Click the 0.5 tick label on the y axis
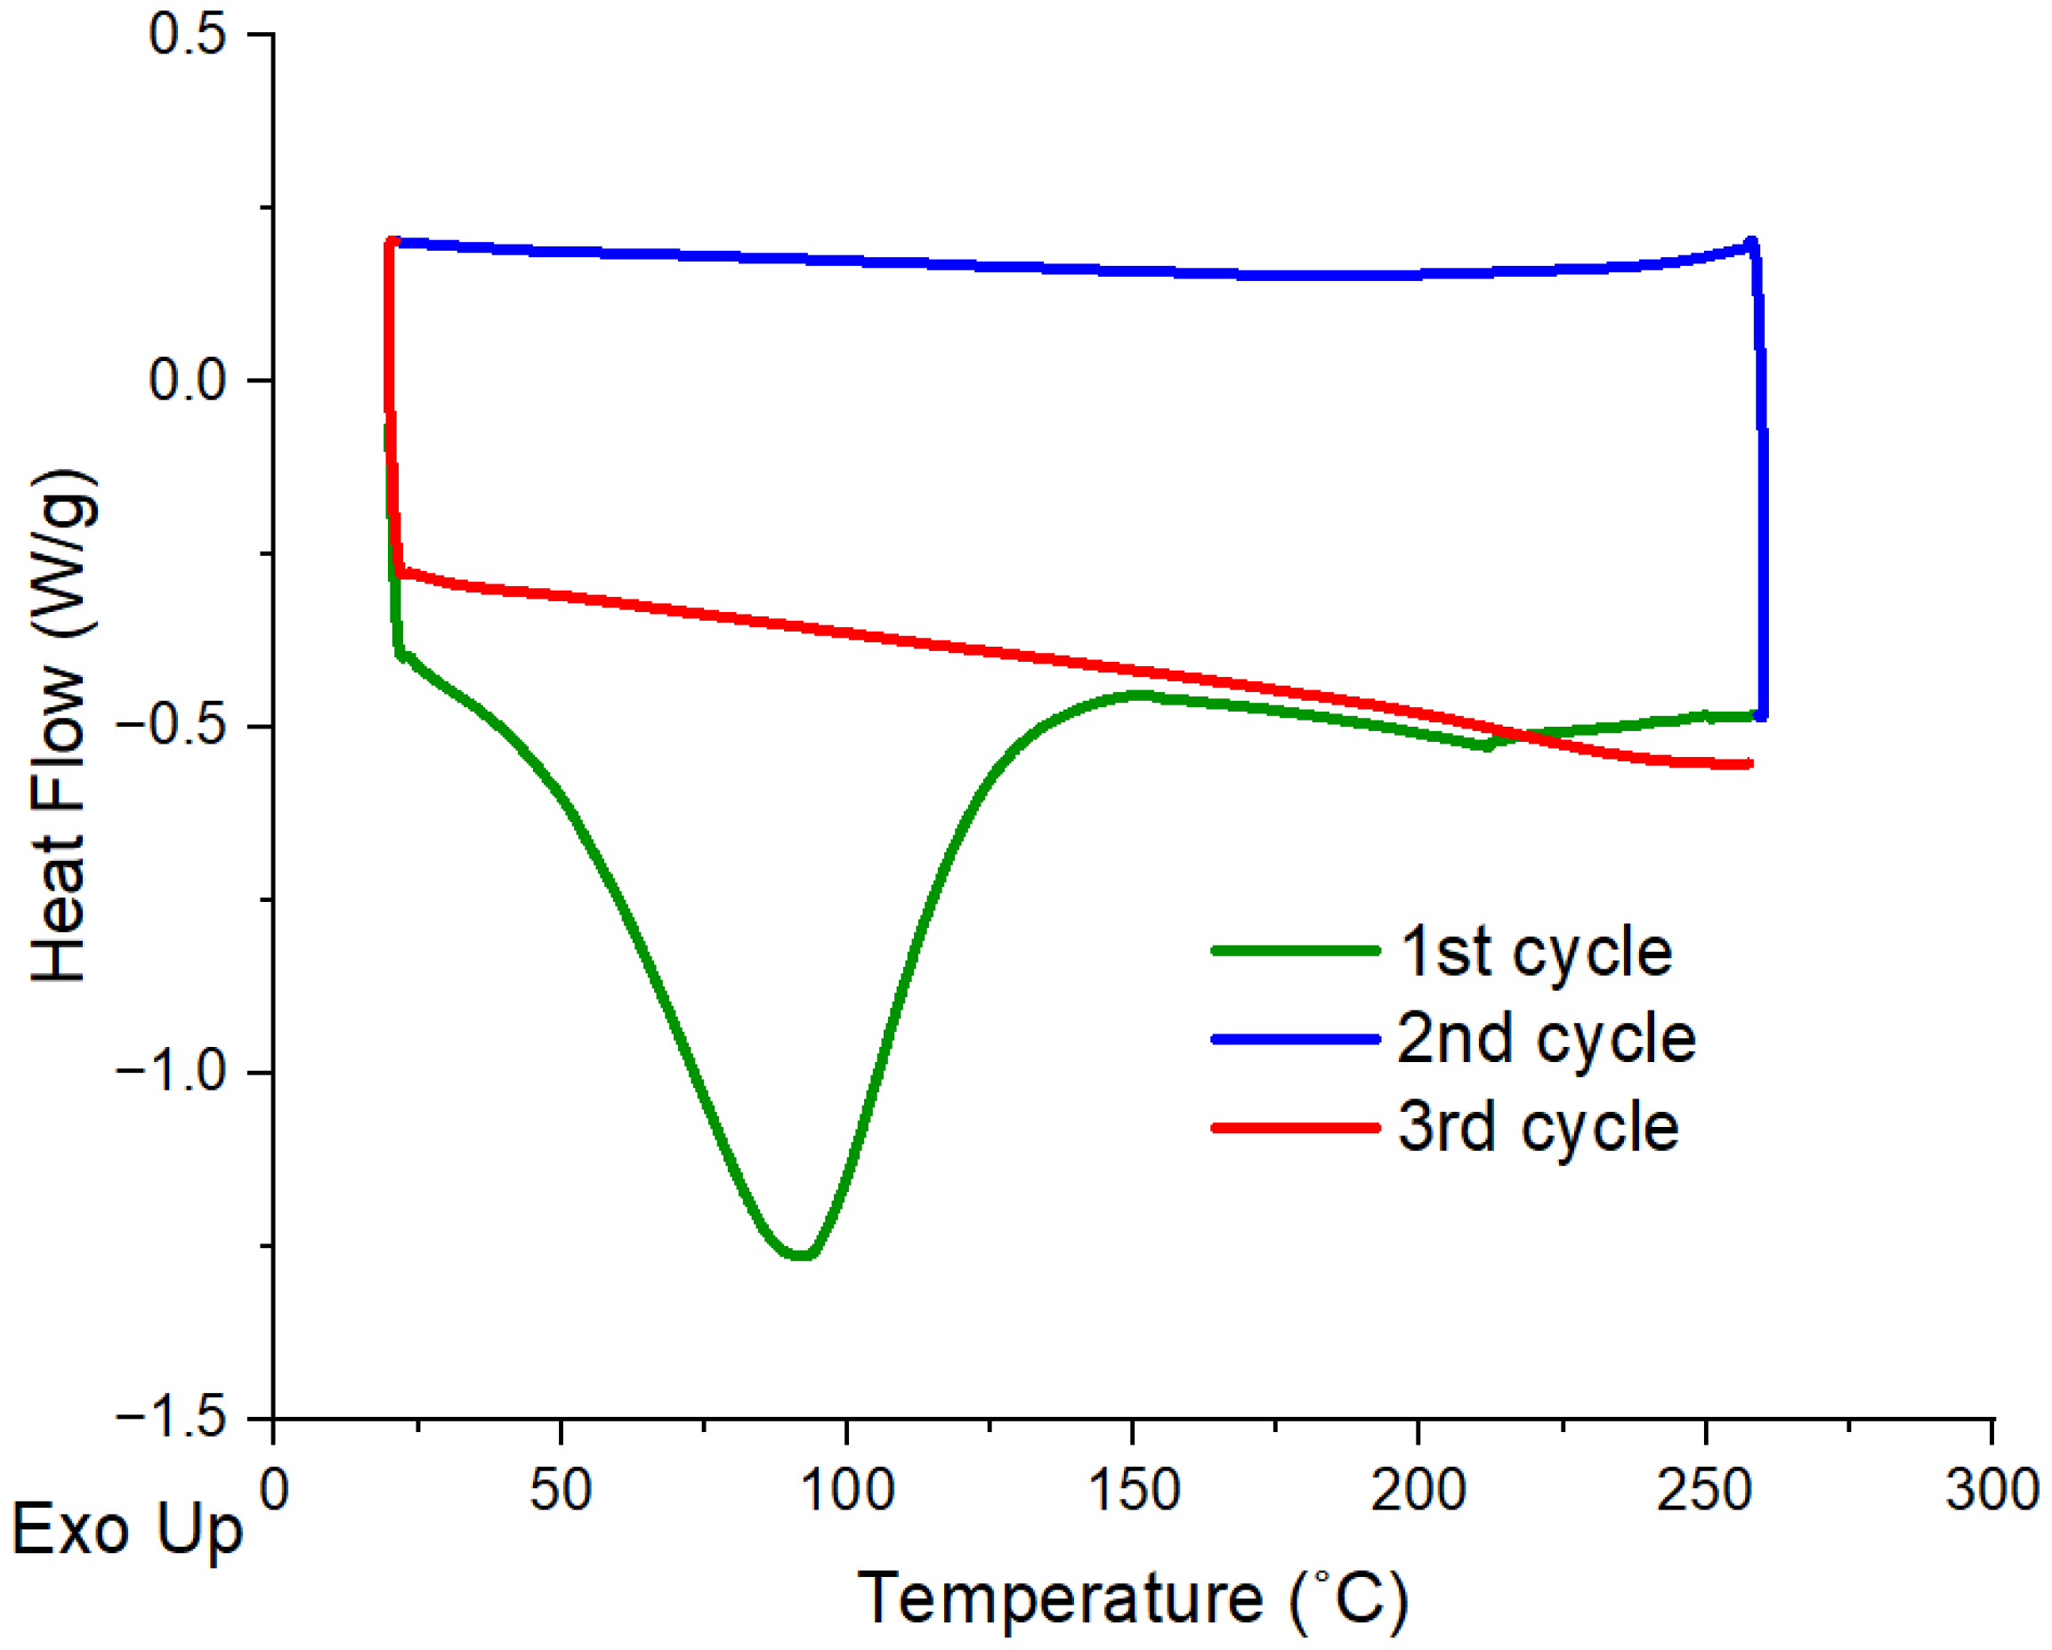click(x=188, y=36)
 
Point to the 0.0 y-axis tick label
click(x=188, y=380)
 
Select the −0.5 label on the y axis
click(x=172, y=726)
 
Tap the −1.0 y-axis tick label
click(x=172, y=1073)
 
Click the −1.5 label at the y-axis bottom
click(x=172, y=1418)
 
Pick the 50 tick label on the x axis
click(x=561, y=1490)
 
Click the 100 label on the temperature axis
click(x=847, y=1490)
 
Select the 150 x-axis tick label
click(x=1134, y=1490)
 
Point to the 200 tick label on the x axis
click(x=1419, y=1490)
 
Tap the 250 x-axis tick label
click(x=1705, y=1490)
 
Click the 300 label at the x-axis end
click(x=1991, y=1490)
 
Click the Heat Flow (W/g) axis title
click(x=63, y=726)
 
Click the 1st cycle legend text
click(x=1535, y=952)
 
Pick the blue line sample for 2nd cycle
click(x=1296, y=1039)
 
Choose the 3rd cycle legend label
click(x=1538, y=1128)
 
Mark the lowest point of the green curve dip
click(x=803, y=1254)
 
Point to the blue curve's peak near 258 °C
click(x=1751, y=244)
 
